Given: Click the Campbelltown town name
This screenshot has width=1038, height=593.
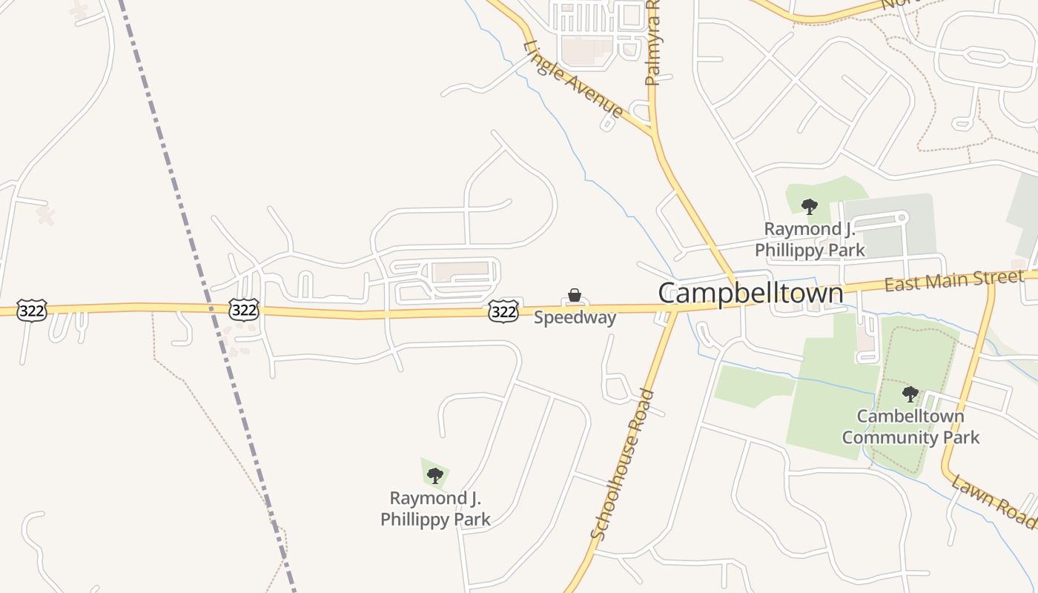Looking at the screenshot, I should click(x=750, y=294).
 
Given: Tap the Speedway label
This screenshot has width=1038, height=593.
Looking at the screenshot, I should click(x=575, y=318).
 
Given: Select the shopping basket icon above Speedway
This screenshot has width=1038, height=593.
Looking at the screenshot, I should click(x=575, y=296).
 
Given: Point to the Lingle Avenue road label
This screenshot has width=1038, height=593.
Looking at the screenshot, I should click(x=572, y=79).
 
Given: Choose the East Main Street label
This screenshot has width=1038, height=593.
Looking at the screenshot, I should click(x=953, y=280).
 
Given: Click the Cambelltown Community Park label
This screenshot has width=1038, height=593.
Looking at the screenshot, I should click(x=910, y=426).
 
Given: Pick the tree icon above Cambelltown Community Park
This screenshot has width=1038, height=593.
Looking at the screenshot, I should click(x=910, y=394).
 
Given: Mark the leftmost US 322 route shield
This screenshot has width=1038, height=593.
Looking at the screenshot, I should click(x=32, y=310).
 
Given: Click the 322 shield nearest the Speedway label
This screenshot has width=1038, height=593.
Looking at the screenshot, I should click(x=503, y=311).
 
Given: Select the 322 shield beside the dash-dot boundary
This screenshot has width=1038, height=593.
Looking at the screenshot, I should click(x=243, y=309).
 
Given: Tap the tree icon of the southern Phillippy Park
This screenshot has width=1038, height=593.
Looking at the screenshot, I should click(x=435, y=475).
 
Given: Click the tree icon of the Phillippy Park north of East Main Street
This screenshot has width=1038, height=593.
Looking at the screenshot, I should click(x=810, y=206).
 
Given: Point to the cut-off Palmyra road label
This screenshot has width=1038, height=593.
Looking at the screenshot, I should click(x=652, y=44).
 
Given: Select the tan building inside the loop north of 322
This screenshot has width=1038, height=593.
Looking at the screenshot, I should click(x=460, y=271).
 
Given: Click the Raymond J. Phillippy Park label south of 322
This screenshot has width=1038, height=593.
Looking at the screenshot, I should click(x=435, y=508).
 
